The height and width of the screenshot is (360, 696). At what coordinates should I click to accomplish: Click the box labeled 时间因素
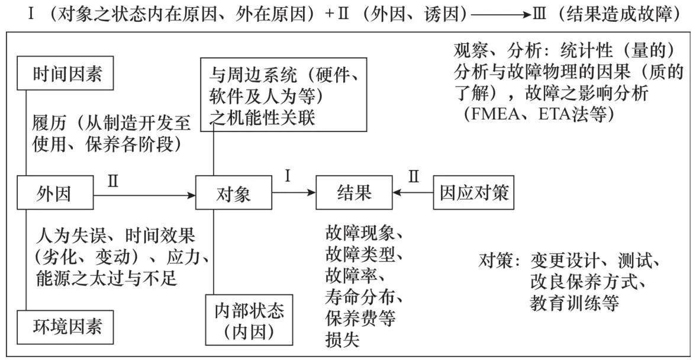[x=65, y=73]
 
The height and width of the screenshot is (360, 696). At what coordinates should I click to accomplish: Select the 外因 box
[x=55, y=193]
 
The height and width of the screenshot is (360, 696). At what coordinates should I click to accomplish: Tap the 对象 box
[x=233, y=193]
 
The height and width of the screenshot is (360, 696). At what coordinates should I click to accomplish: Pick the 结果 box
[x=353, y=193]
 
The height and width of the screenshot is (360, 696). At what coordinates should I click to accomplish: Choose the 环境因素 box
[x=65, y=325]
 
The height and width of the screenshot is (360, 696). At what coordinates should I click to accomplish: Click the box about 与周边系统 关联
[x=283, y=95]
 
